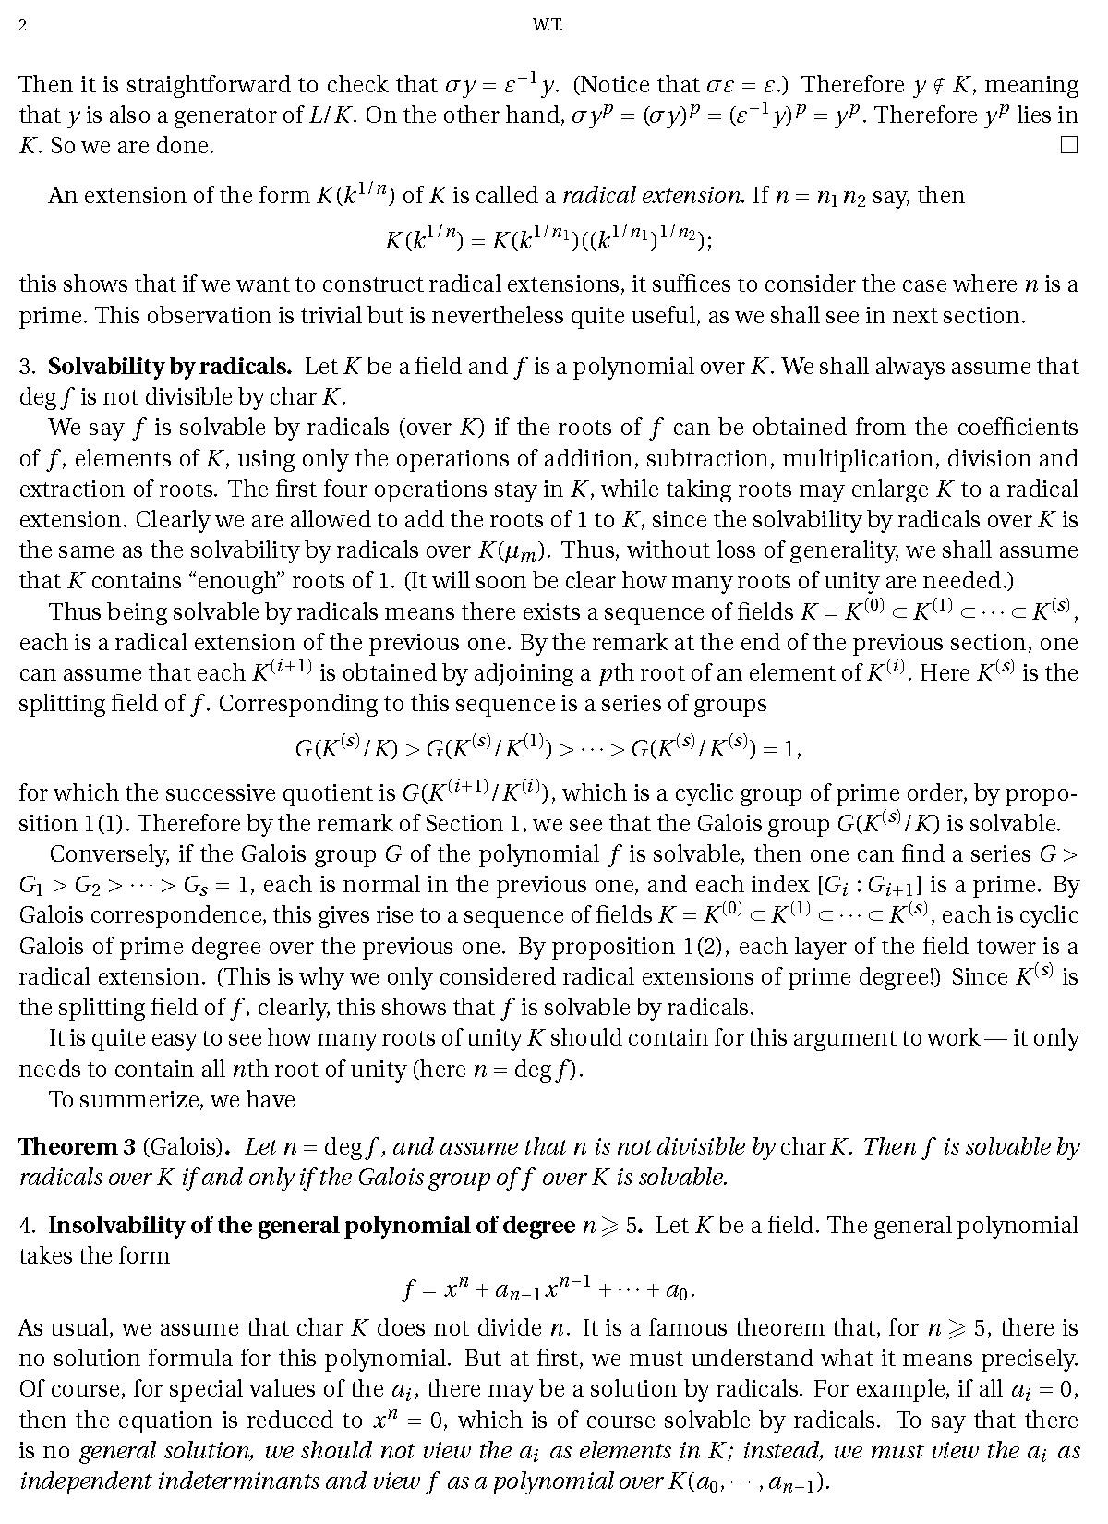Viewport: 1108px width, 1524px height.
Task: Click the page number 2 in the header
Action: (x=22, y=26)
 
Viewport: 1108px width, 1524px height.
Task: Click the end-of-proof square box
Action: (x=1069, y=144)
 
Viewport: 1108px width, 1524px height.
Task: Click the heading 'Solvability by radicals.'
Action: (x=170, y=366)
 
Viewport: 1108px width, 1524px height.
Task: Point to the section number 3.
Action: (x=26, y=366)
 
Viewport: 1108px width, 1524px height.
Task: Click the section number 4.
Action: (x=26, y=1225)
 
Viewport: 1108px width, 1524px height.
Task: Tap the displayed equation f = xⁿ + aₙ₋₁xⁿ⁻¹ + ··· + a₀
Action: (x=548, y=1288)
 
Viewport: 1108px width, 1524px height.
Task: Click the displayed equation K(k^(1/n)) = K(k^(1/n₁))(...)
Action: (x=548, y=240)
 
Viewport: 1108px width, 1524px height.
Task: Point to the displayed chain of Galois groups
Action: (x=548, y=747)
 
